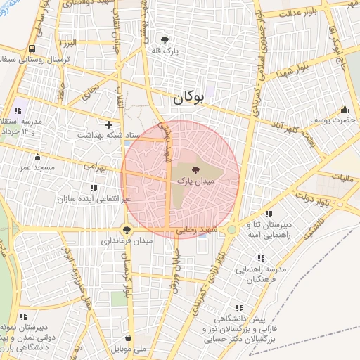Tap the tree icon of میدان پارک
(x=195, y=169)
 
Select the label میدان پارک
(x=195, y=181)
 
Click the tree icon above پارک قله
(x=165, y=40)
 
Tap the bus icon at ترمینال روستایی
(x=32, y=49)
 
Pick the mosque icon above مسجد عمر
(x=37, y=157)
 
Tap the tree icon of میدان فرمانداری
(x=127, y=229)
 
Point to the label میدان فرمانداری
(x=127, y=240)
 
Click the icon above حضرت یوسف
(x=345, y=110)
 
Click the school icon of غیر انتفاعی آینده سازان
(x=94, y=188)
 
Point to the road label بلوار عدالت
(x=300, y=13)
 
